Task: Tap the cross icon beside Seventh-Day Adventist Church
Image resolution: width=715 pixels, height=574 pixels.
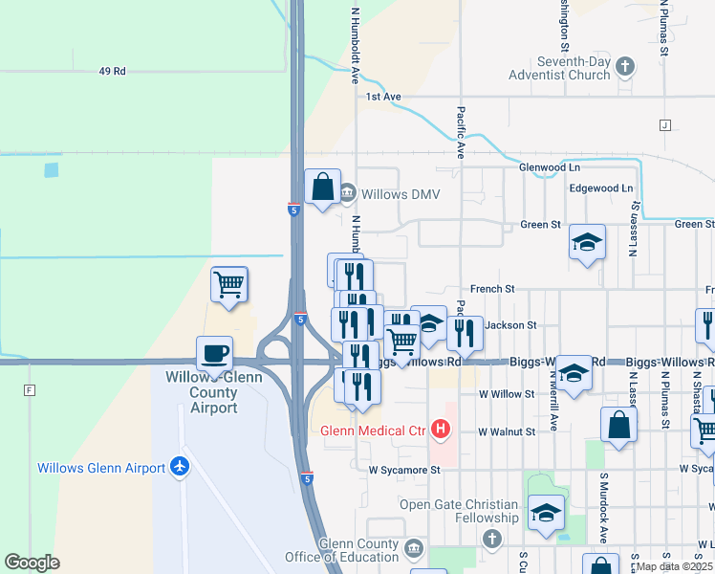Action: (625, 66)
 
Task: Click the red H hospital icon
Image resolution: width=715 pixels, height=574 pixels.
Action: (441, 430)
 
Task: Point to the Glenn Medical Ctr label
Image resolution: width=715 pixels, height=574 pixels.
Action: (373, 430)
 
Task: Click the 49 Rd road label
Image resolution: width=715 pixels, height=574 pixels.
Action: (113, 71)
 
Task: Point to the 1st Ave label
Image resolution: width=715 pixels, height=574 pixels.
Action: (383, 97)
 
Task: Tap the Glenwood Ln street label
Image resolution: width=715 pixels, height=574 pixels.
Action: (550, 166)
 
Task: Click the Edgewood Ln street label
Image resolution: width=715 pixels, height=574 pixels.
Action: (601, 188)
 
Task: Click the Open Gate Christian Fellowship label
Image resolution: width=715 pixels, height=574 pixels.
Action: (459, 512)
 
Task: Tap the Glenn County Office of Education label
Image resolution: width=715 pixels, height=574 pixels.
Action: (342, 550)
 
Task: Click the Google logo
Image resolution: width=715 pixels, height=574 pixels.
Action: (32, 563)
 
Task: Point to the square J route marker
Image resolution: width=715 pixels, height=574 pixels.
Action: (664, 125)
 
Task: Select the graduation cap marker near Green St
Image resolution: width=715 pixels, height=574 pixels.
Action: (587, 242)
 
